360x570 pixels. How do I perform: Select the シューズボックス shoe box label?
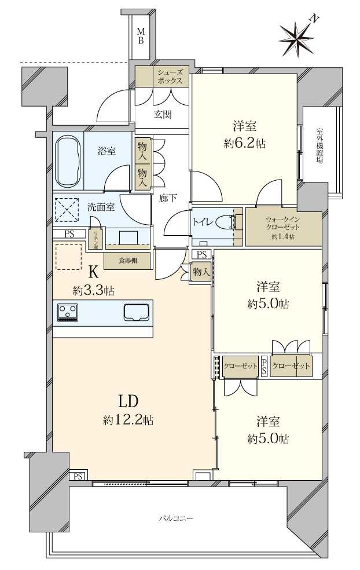coord(170,76)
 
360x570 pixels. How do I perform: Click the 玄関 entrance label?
coord(163,114)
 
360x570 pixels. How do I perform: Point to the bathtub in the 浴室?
coord(68,160)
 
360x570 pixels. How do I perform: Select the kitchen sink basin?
coord(136,312)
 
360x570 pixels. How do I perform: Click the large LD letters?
coord(128,401)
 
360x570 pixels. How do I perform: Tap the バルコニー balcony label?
coord(177,517)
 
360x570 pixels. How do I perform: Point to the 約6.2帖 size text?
coord(245,144)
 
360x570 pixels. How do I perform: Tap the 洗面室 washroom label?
coord(100,206)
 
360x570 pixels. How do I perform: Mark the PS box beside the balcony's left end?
coord(78,476)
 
